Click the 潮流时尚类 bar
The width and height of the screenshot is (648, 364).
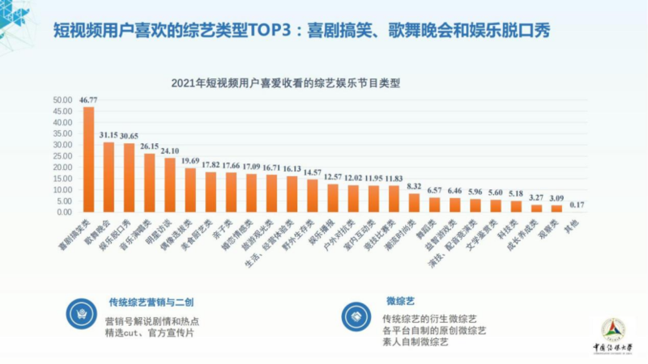tap(415, 203)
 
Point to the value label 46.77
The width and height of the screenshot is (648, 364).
tap(88, 99)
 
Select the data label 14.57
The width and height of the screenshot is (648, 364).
tap(313, 172)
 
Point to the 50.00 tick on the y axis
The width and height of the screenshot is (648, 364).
tap(62, 100)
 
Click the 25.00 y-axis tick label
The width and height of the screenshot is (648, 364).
tap(62, 156)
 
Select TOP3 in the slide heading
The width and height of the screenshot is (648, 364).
tap(254, 31)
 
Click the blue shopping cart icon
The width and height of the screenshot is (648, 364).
tap(81, 311)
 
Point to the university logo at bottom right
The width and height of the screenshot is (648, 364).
tap(612, 332)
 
